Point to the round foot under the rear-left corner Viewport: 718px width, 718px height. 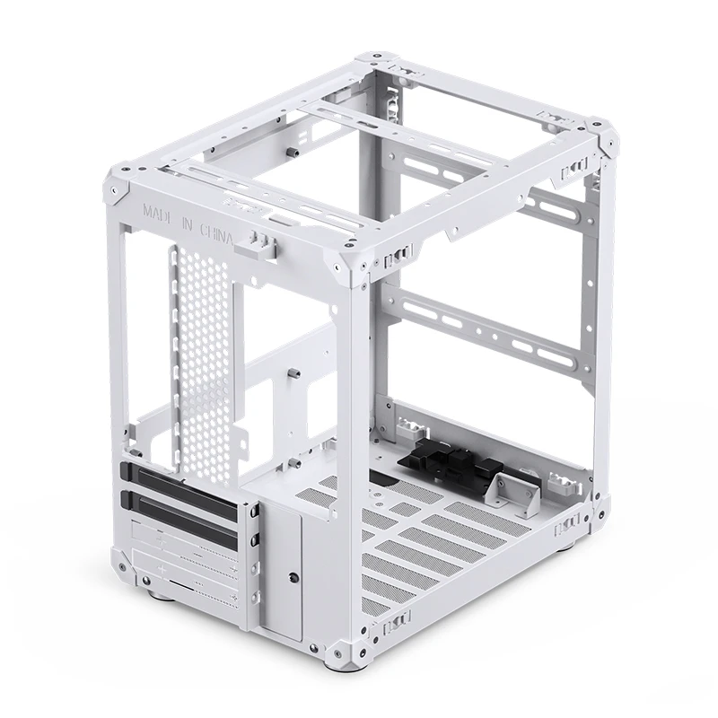click(x=158, y=593)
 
